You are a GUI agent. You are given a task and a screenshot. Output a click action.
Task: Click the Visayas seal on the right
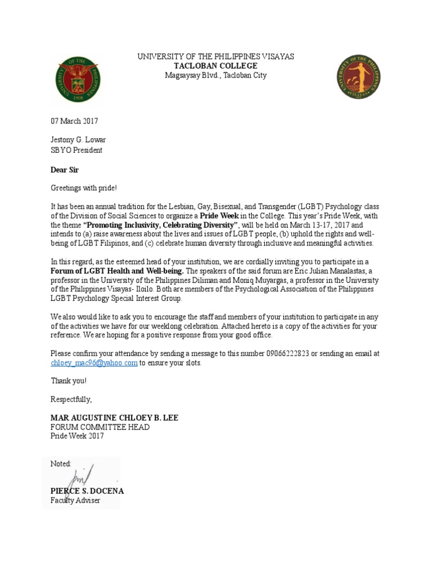(358, 77)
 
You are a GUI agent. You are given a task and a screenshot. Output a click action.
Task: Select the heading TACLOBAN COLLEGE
(215, 66)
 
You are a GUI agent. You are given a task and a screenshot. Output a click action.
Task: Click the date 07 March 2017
(74, 121)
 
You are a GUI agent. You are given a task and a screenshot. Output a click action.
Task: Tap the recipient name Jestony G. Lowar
(78, 140)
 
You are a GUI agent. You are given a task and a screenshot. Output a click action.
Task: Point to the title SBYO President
(76, 150)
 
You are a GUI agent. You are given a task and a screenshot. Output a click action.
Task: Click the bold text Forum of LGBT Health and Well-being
(117, 271)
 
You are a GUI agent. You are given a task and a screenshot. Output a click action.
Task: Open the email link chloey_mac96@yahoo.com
(94, 363)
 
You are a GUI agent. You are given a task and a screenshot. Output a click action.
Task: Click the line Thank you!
(69, 381)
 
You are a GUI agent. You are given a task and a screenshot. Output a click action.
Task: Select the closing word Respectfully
(71, 399)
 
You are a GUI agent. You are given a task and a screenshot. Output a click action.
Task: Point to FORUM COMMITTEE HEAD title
(100, 427)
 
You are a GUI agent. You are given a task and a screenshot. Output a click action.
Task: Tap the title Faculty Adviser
(75, 500)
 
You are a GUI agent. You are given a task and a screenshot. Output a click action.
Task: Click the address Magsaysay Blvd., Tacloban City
(215, 75)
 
